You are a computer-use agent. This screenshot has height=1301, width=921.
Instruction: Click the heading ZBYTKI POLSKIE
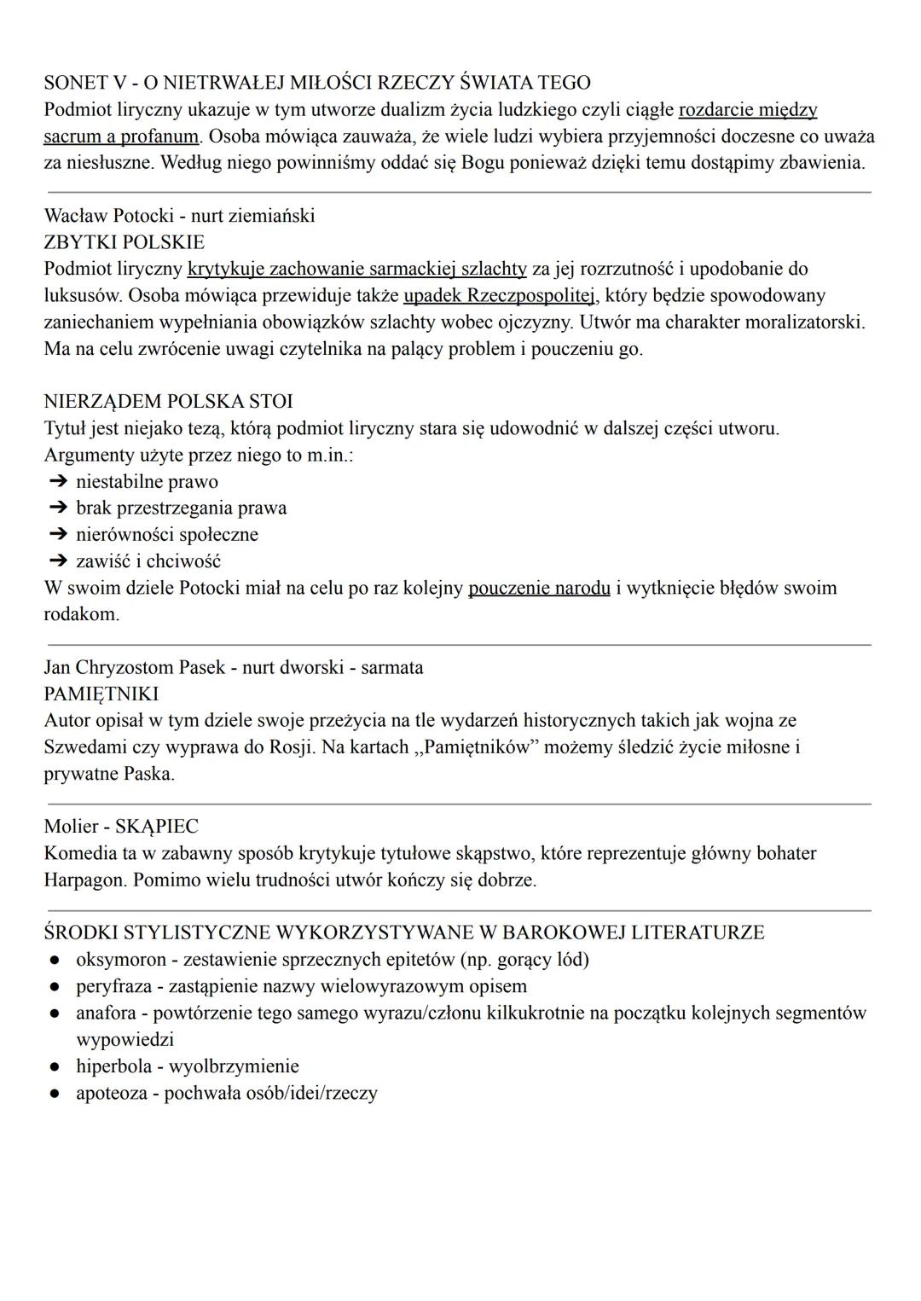(124, 242)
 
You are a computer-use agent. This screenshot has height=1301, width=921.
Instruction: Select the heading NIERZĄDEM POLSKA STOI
(168, 401)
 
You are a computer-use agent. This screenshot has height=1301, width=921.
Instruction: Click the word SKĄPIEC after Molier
(156, 827)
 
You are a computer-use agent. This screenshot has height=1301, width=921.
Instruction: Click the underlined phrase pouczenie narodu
(539, 588)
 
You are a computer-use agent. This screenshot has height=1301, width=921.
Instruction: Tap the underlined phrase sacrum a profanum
(121, 136)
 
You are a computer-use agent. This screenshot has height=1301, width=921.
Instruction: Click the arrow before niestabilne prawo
(57, 482)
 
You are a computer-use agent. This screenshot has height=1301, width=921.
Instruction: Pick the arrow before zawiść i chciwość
(57, 561)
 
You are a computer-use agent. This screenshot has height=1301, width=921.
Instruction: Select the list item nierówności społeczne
(167, 535)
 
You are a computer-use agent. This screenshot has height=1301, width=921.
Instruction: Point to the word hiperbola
(110, 1066)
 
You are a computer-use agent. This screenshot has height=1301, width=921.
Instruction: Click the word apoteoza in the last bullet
(111, 1093)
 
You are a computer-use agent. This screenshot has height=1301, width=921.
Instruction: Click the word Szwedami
(85, 747)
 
